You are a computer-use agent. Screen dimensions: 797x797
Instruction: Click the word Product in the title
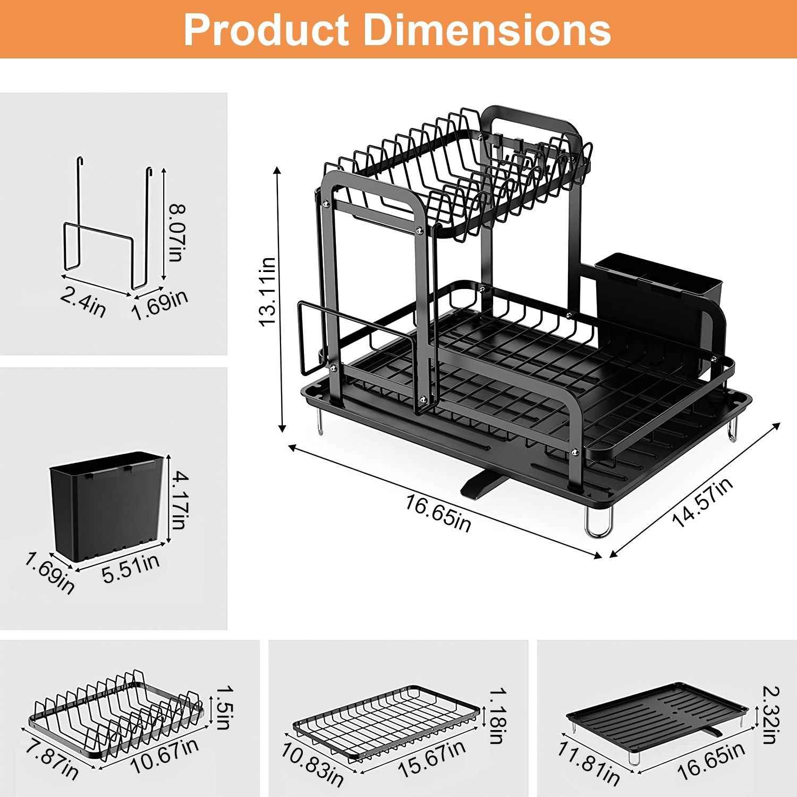click(x=266, y=30)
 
